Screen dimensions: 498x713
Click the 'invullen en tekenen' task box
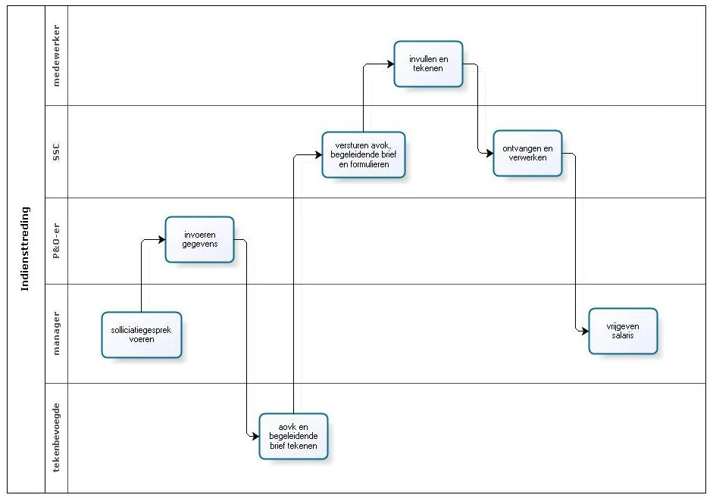tap(428, 64)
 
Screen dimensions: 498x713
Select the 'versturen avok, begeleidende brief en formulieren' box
tap(364, 154)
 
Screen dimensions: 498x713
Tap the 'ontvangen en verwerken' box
tap(527, 153)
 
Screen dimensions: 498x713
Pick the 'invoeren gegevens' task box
tap(199, 239)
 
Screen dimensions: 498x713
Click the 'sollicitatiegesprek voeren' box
tap(142, 335)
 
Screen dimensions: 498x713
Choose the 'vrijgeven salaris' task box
tap(623, 331)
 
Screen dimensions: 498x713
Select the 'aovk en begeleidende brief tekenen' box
tap(293, 436)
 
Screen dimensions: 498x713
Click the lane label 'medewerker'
tap(56, 55)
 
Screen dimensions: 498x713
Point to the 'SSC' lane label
tap(56, 151)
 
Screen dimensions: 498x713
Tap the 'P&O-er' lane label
tap(56, 241)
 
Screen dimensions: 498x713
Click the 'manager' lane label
tap(56, 333)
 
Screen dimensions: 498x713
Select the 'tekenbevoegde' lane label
tap(56, 438)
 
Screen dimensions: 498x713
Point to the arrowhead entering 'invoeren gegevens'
tap(161, 239)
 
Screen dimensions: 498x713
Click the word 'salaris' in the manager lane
tap(623, 335)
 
